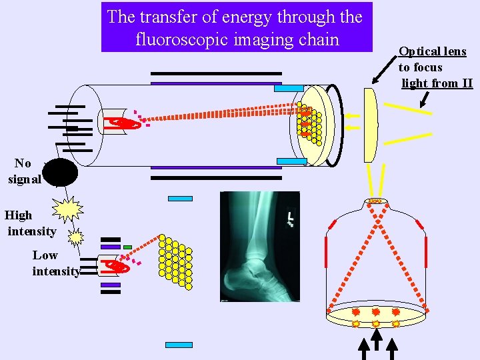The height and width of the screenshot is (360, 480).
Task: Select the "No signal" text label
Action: (x=24, y=171)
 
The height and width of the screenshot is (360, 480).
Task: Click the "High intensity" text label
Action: (x=31, y=223)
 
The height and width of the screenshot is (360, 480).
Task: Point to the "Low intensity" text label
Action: (x=55, y=263)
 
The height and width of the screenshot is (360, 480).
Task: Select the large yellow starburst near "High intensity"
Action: (x=67, y=210)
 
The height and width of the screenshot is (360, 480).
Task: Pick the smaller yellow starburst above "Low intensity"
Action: (x=77, y=237)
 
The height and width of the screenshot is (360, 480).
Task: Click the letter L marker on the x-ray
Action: (x=291, y=217)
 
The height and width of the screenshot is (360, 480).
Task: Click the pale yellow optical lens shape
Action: (x=371, y=125)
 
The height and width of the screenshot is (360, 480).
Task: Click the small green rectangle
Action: (x=127, y=247)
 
